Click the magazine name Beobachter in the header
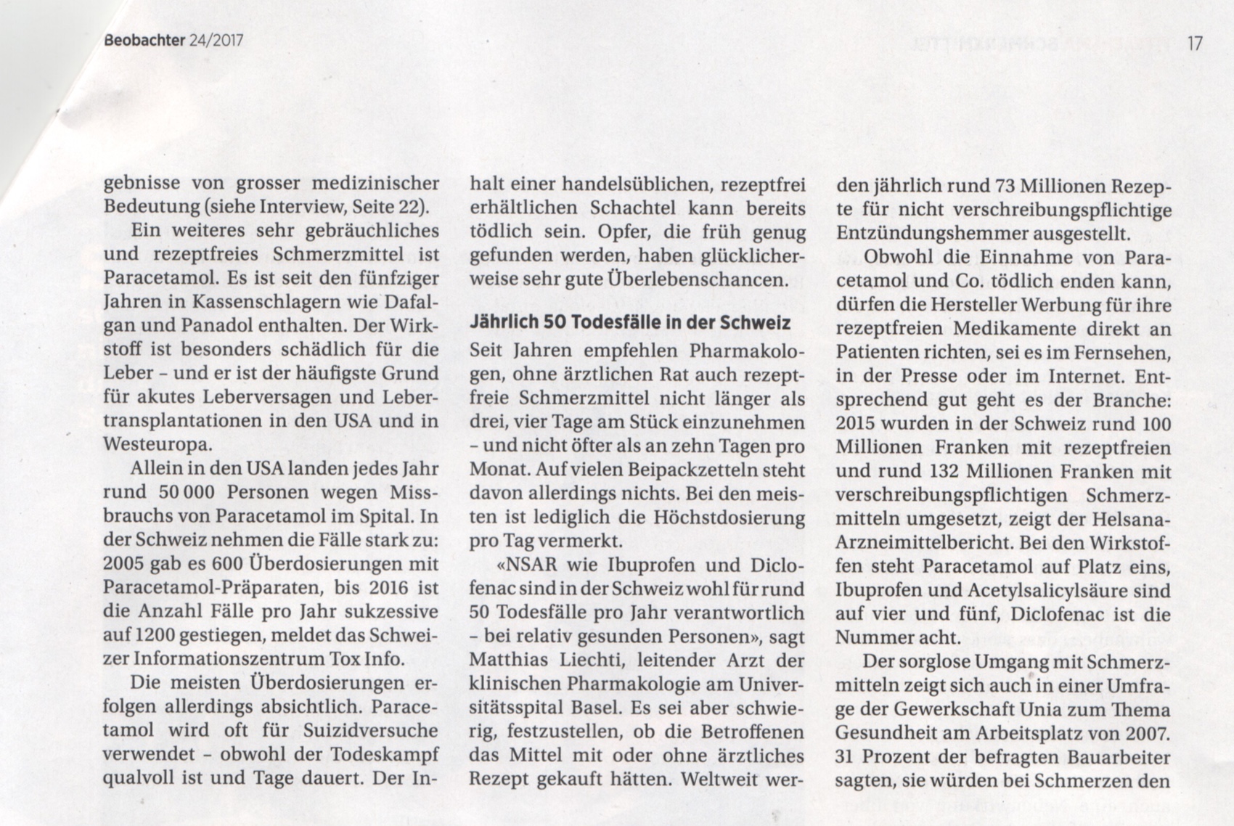[x=143, y=41]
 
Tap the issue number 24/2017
[x=215, y=41]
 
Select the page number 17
[x=1195, y=44]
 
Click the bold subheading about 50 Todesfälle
[x=630, y=322]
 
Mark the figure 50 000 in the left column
[x=185, y=492]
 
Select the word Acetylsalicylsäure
[x=1047, y=590]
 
